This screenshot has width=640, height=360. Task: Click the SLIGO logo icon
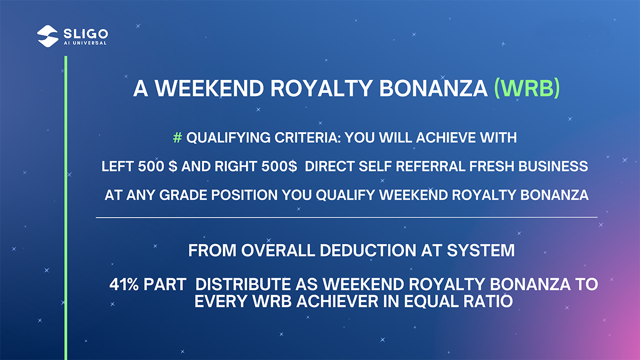point(47,36)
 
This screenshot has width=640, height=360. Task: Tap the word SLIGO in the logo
point(86,34)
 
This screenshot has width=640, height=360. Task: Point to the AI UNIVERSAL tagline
point(85,43)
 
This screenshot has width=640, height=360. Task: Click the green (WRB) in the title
point(527,89)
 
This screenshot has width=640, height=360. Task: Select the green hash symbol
point(178,138)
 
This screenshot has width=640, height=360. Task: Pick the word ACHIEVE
point(446,138)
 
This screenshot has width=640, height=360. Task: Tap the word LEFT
point(117,166)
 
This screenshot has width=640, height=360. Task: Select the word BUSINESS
point(553,166)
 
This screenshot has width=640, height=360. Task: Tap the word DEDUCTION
point(367,251)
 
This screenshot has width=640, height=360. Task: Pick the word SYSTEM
point(481,251)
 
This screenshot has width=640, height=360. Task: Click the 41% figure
point(124,285)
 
